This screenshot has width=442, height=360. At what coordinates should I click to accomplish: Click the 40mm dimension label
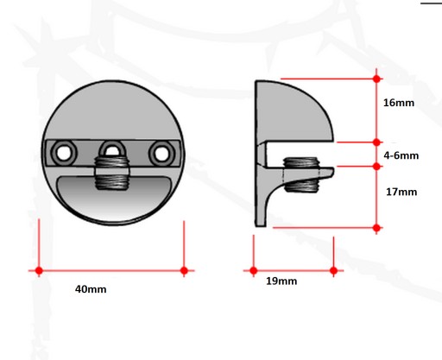click(91, 289)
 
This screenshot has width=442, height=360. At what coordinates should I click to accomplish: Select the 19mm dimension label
click(281, 281)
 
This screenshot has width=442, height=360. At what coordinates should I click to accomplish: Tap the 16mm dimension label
click(399, 103)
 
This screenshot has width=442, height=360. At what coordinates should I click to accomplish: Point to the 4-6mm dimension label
click(401, 155)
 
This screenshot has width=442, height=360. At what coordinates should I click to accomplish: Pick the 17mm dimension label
click(401, 192)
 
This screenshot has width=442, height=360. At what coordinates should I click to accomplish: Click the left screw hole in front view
click(64, 152)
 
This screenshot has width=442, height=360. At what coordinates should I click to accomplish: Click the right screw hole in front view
click(161, 153)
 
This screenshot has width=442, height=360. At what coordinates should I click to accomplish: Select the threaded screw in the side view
click(301, 174)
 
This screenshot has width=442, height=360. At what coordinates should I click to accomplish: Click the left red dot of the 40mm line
click(39, 270)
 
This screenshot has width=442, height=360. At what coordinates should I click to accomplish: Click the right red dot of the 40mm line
click(184, 270)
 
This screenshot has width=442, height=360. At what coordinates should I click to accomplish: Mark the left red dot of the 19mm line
click(254, 270)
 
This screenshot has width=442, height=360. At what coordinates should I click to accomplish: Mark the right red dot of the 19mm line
click(334, 270)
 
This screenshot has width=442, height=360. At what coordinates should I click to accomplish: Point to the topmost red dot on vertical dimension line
click(376, 79)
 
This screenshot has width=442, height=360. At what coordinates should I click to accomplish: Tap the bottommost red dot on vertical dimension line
click(376, 228)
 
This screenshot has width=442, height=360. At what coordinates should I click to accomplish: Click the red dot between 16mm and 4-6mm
click(376, 142)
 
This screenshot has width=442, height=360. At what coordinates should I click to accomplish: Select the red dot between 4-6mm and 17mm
click(376, 166)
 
